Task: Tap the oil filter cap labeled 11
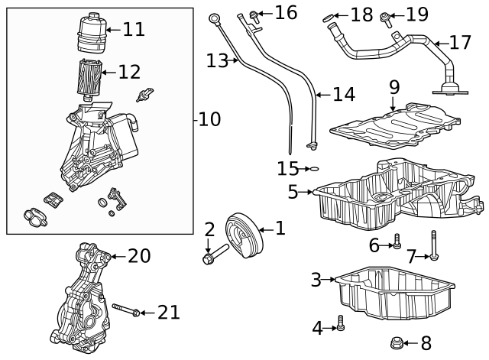(x=91, y=33)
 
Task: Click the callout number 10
(x=209, y=119)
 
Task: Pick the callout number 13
(x=218, y=60)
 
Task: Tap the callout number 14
(x=344, y=95)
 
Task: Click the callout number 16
(x=286, y=12)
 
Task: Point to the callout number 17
(x=461, y=42)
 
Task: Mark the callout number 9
(x=394, y=86)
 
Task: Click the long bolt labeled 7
(x=434, y=246)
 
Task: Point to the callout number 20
(x=139, y=255)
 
